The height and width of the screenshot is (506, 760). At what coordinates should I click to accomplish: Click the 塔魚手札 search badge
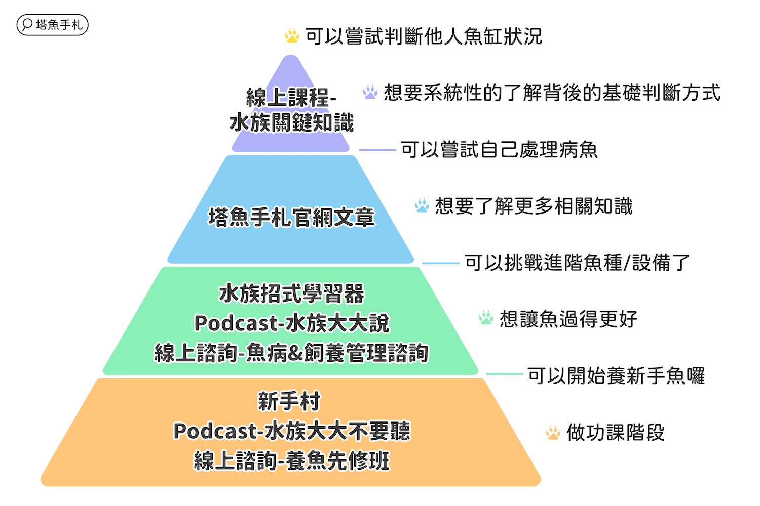[x=52, y=25]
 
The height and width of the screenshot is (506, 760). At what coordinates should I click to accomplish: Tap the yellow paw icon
[x=292, y=36]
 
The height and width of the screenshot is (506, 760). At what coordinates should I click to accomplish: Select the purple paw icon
[x=370, y=92]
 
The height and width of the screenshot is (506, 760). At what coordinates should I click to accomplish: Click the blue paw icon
[x=422, y=205]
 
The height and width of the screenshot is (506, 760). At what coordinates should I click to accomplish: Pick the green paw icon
[x=486, y=318]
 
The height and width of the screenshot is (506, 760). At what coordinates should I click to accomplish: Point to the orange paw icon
[x=553, y=433]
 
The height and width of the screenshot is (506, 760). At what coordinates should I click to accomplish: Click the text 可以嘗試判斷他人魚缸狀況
[x=424, y=36]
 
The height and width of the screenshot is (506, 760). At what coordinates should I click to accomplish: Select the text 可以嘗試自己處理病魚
[x=499, y=150]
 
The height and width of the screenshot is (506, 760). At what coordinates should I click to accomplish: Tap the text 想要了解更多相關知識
[x=534, y=206]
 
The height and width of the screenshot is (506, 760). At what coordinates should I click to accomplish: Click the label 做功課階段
[x=615, y=433]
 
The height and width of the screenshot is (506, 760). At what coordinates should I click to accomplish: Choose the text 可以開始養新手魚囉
[x=616, y=375]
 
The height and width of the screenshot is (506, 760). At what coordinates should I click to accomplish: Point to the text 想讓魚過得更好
[x=568, y=319]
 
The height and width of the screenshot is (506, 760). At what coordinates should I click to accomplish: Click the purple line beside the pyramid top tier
[x=377, y=150]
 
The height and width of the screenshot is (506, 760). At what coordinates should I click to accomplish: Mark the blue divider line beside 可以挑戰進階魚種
[x=440, y=263]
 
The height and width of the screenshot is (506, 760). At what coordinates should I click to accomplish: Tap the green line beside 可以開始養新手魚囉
[x=504, y=374]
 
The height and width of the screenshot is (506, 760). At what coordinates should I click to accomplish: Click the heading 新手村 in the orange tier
[x=289, y=402]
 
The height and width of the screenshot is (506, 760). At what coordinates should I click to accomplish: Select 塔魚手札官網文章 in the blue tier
[x=291, y=218]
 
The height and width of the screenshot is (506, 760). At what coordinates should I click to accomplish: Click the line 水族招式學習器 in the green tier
[x=291, y=294]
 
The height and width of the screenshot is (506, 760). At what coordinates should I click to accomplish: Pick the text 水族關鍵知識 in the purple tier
[x=291, y=123]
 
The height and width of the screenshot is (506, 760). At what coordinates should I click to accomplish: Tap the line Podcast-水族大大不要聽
[x=291, y=431]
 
